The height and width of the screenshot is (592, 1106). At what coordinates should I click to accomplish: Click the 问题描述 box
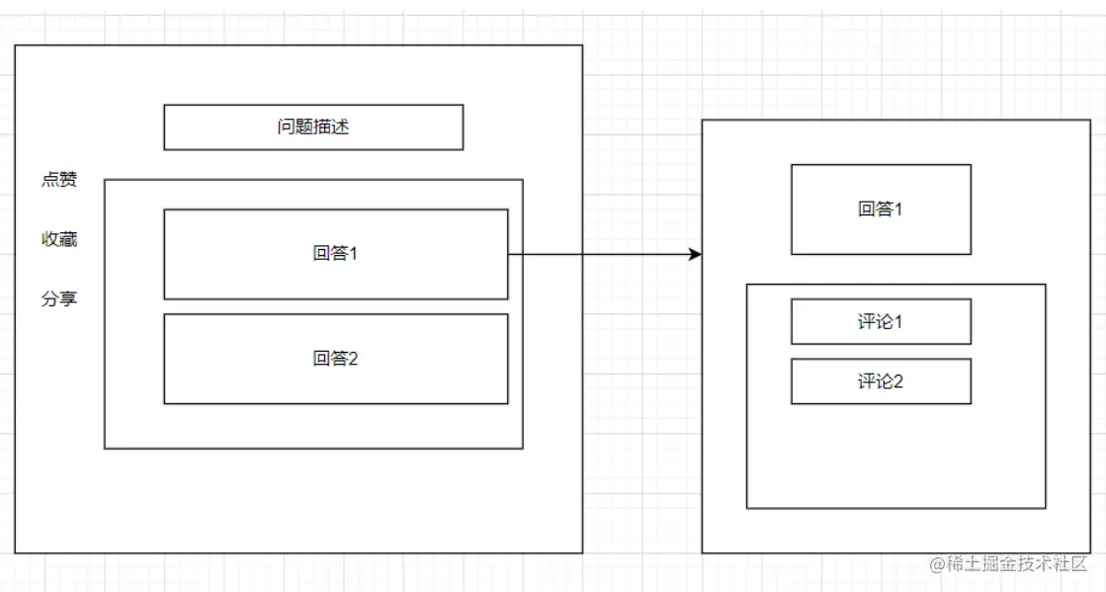(313, 127)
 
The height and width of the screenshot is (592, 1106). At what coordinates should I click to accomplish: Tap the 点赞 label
(58, 180)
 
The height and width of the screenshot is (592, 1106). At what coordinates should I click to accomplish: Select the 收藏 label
(58, 239)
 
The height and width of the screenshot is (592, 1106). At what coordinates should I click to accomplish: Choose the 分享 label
(58, 298)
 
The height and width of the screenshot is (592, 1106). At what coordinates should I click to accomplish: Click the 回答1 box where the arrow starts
(335, 254)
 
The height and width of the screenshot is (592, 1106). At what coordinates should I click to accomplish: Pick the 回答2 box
(335, 359)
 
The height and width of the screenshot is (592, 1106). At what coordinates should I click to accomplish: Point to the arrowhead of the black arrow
(695, 255)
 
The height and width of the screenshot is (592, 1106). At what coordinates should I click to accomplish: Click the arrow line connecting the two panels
(603, 255)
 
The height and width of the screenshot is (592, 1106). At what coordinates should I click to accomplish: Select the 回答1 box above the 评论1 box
(881, 210)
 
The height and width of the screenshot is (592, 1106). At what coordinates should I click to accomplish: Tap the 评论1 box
(881, 322)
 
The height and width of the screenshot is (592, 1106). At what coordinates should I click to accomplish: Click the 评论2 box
(881, 381)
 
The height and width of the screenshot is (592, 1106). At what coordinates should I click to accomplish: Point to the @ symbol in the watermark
(936, 564)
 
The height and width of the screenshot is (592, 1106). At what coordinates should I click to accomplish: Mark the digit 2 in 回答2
(353, 359)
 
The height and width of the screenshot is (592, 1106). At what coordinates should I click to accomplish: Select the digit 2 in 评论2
(897, 381)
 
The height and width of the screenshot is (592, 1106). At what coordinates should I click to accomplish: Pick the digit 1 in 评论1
(897, 322)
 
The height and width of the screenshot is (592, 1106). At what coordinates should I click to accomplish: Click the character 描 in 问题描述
(322, 127)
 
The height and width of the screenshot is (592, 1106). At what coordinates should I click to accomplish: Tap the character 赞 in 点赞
(68, 180)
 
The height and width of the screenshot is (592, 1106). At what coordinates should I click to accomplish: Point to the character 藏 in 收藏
(68, 239)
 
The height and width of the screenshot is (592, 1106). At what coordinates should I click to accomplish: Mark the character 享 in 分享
(68, 298)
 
